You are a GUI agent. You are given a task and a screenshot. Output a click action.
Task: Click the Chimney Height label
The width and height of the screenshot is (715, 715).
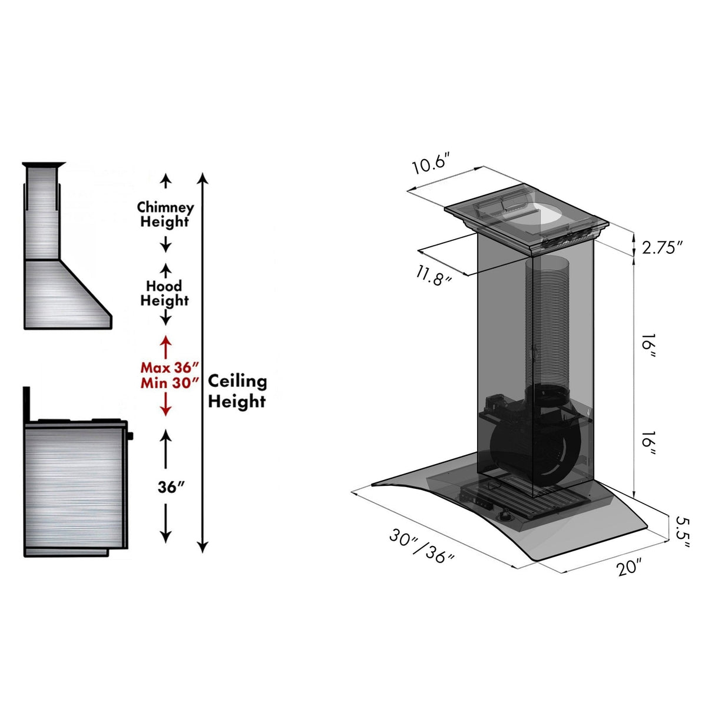165,215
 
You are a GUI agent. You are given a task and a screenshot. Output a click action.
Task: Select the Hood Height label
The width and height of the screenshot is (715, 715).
164,293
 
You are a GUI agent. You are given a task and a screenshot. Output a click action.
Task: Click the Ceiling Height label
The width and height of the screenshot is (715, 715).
237,391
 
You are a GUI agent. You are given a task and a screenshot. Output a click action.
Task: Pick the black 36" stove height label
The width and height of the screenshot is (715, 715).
171,488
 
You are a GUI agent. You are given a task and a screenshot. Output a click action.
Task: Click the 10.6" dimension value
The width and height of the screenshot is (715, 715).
431,163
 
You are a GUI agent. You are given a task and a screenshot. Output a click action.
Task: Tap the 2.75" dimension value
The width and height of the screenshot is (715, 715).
662,247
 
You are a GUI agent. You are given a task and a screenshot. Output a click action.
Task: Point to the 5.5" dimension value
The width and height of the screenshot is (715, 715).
681,532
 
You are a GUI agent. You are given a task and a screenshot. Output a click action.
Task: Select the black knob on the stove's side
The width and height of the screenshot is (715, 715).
130,436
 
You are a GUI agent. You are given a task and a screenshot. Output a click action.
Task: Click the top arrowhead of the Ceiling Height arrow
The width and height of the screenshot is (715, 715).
203,178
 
